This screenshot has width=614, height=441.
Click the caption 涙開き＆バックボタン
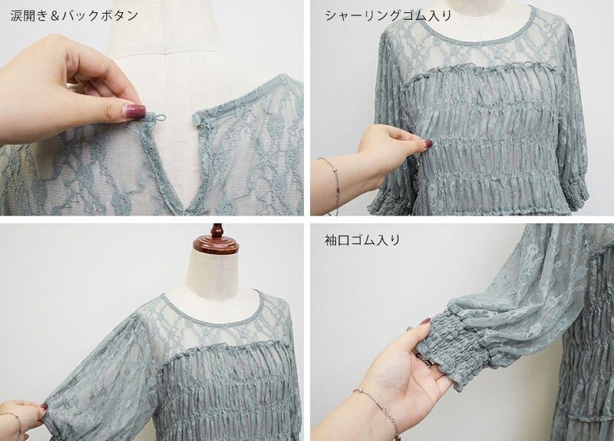[x=74, y=15]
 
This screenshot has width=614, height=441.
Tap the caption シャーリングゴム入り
[x=388, y=15]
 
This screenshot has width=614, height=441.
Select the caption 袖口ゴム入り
[x=362, y=239]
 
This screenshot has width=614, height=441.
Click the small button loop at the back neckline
[x=160, y=118]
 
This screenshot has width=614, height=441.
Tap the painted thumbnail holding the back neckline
[x=134, y=109]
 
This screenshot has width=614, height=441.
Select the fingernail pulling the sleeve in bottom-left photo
[x=45, y=408]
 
